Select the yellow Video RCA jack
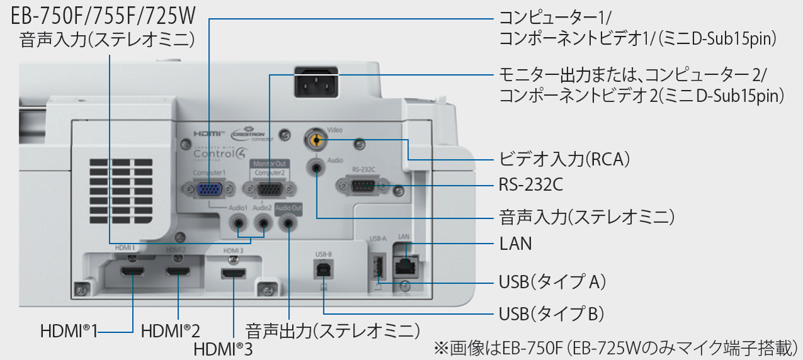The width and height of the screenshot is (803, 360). point(316,138)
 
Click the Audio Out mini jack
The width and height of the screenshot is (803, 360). point(288,222)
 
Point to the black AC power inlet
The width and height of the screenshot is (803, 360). point(316,82)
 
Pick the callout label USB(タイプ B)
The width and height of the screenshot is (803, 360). point(551,313)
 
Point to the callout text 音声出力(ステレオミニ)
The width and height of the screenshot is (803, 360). point(332,330)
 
